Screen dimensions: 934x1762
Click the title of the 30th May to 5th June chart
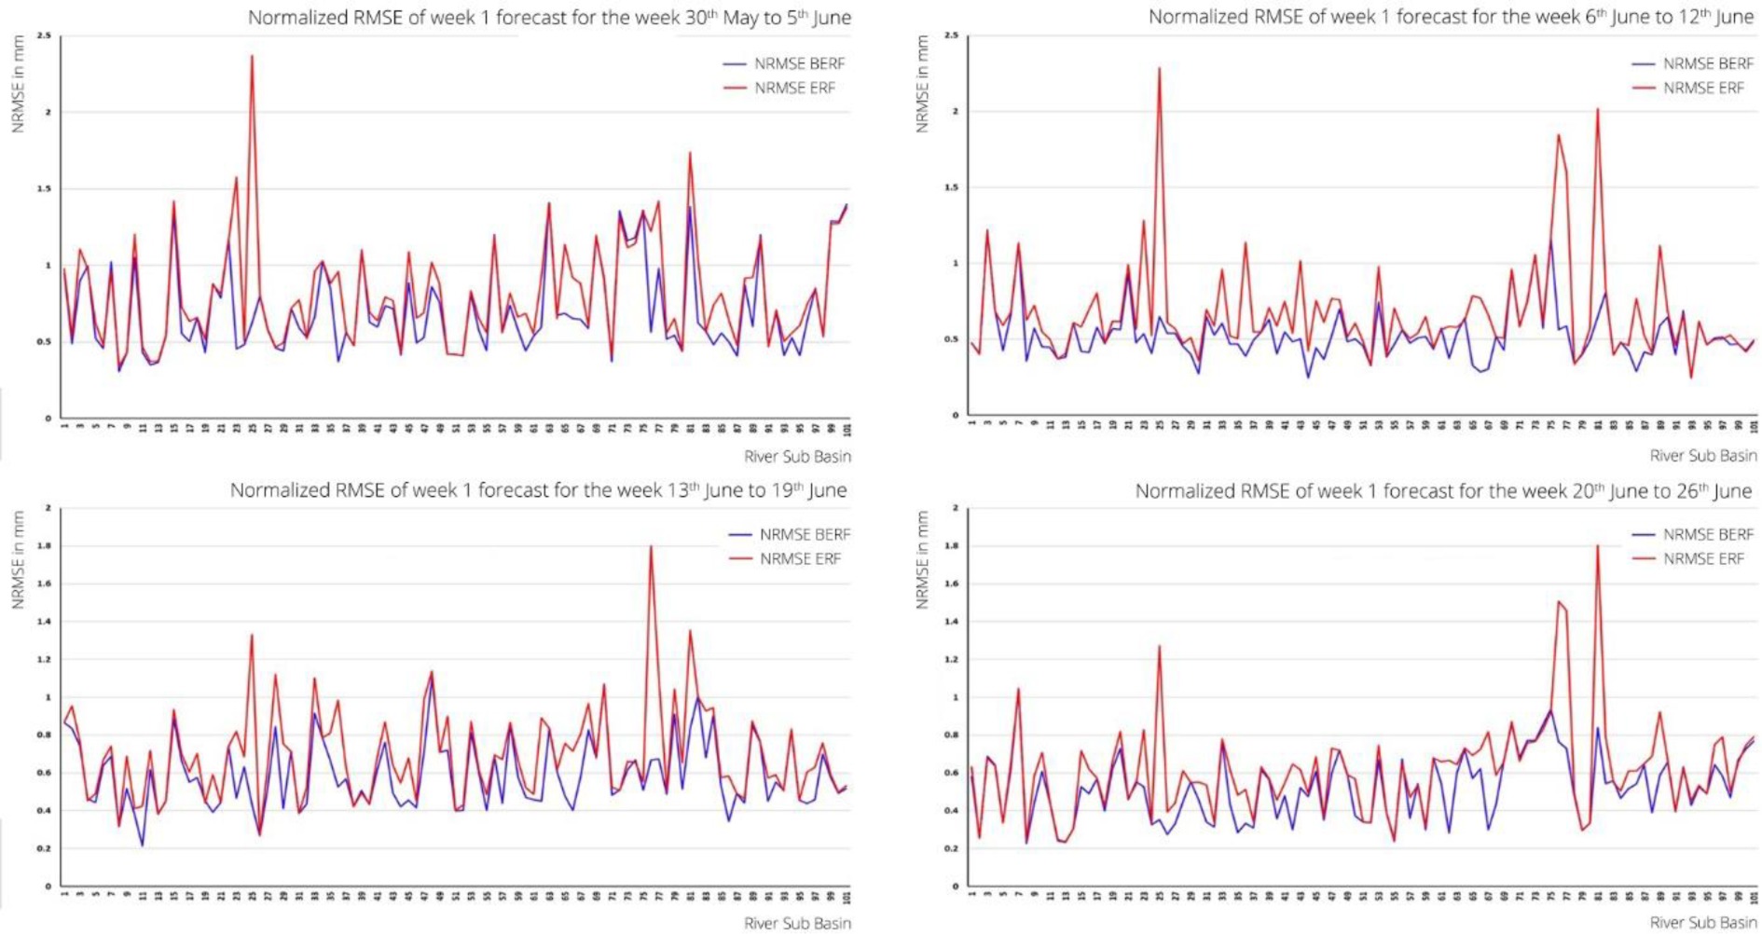[x=549, y=18]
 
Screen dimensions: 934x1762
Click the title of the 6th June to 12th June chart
[x=1451, y=18]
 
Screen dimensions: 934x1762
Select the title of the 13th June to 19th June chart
[x=539, y=490]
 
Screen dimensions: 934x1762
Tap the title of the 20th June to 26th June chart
[x=1443, y=491]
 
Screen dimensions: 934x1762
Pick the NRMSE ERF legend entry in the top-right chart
[x=1702, y=88]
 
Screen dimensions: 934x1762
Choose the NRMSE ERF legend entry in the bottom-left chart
[x=799, y=559]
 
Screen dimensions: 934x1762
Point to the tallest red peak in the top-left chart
[x=252, y=57]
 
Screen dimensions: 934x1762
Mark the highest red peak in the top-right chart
[x=1160, y=68]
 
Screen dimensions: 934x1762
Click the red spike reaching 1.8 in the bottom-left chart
[x=651, y=547]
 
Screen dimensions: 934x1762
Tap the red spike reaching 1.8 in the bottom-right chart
[x=1598, y=547]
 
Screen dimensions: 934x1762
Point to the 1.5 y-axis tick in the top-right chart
[x=951, y=187]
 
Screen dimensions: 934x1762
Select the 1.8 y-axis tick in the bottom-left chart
[x=44, y=546]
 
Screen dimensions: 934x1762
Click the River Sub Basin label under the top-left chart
[x=797, y=457]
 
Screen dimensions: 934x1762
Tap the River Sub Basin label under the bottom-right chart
[x=1703, y=923]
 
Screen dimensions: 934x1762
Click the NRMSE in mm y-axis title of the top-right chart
[x=923, y=84]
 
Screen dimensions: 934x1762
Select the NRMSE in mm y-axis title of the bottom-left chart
[x=18, y=560]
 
